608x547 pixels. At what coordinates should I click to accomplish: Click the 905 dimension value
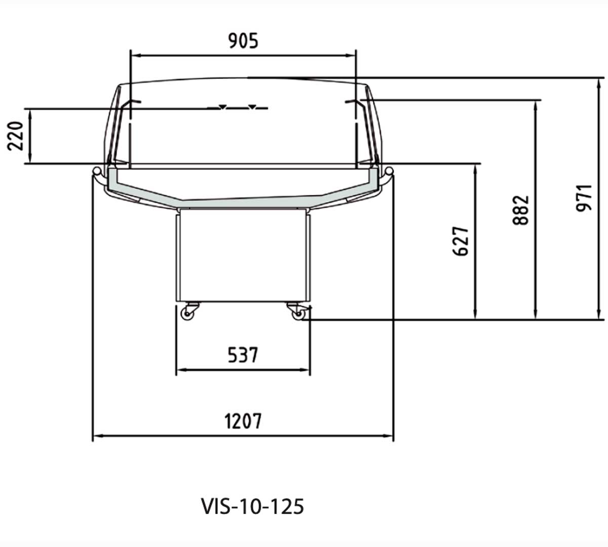click(243, 41)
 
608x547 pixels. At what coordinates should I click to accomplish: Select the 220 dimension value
click(15, 136)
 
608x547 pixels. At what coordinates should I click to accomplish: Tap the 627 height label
click(461, 241)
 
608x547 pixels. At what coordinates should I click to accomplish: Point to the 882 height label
click(520, 210)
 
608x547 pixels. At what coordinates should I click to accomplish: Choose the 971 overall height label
click(584, 198)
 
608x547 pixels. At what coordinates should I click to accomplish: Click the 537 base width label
click(243, 355)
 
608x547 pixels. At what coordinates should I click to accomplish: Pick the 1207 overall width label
click(243, 421)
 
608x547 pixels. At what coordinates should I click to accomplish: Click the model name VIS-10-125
click(252, 506)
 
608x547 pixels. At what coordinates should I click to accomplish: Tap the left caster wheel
click(187, 314)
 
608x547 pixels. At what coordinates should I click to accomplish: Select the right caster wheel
click(298, 314)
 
